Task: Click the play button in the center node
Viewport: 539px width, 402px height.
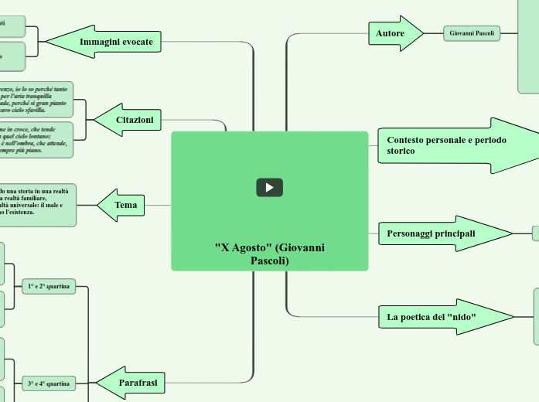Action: point(269,187)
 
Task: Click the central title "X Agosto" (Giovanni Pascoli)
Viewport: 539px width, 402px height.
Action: point(269,254)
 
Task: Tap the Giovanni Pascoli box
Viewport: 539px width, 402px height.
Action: point(472,33)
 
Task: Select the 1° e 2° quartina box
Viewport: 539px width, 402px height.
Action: point(49,286)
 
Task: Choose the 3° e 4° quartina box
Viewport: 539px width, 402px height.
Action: point(49,383)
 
